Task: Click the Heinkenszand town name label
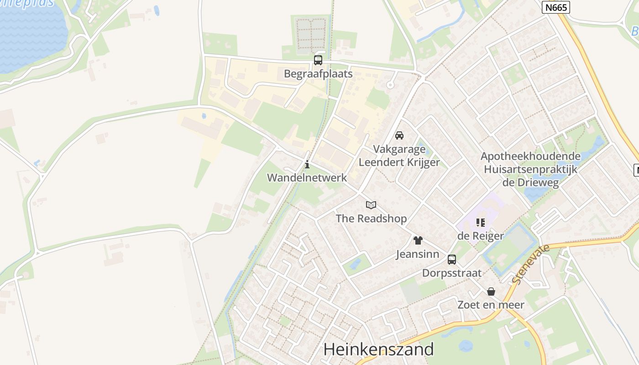pos(378,349)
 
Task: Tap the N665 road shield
pos(556,7)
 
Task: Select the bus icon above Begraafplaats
pos(318,60)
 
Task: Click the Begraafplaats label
pos(318,73)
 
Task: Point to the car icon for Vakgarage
pos(399,136)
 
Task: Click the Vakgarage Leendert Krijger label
pos(399,156)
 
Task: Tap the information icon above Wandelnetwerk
pos(307,165)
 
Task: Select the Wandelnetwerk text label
pos(307,177)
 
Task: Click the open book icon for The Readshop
pos(371,205)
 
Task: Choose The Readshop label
pos(371,219)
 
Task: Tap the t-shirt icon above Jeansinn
pos(418,240)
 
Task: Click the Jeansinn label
pos(418,254)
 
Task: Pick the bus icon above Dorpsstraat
pos(452,260)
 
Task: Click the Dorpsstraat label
pos(452,273)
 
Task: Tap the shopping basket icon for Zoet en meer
pos(491,292)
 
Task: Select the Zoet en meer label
pos(491,305)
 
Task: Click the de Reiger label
pos(481,236)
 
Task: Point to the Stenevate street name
pos(529,264)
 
